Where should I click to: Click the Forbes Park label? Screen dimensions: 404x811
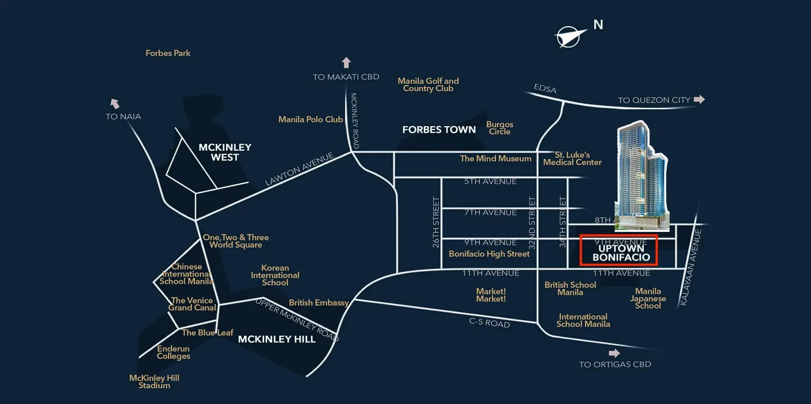168,53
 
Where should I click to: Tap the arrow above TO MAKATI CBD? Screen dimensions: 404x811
346,63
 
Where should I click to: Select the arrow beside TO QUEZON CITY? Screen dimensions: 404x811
699,99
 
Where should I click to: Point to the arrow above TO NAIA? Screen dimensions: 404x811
115,103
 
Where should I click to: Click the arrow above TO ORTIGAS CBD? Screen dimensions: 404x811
614,353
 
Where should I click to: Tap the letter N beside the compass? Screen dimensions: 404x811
598,25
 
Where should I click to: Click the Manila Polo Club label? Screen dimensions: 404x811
310,119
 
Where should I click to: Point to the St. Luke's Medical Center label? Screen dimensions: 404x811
572,158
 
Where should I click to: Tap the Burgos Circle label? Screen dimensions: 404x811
499,128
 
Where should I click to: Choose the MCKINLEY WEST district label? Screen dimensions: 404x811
225,152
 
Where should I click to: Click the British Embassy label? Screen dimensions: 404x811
318,303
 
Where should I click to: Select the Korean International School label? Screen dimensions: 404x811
275,275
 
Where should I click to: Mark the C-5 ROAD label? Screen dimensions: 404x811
489,322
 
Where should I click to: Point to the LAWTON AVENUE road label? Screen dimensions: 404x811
299,170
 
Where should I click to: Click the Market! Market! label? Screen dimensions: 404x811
491,295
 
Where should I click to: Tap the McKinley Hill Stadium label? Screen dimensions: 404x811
154,381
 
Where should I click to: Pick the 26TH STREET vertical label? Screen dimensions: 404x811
436,222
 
